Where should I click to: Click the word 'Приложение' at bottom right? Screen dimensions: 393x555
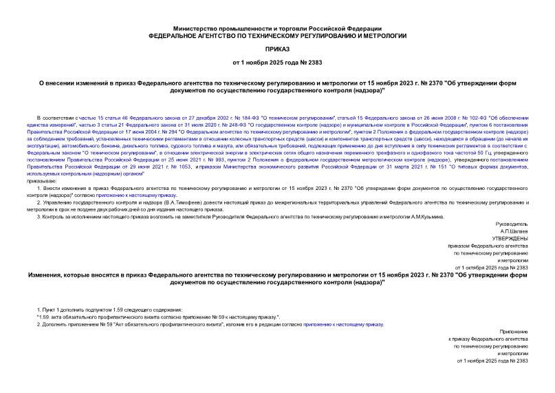pyautogui.click(x=514, y=332)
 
